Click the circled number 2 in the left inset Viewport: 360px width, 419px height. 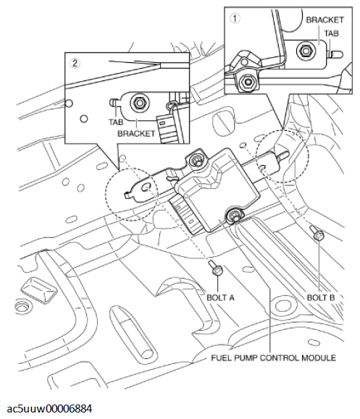(x=74, y=62)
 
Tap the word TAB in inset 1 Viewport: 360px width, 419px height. (x=332, y=33)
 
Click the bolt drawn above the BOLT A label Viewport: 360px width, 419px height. (x=216, y=269)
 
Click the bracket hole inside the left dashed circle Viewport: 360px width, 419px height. (x=145, y=187)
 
